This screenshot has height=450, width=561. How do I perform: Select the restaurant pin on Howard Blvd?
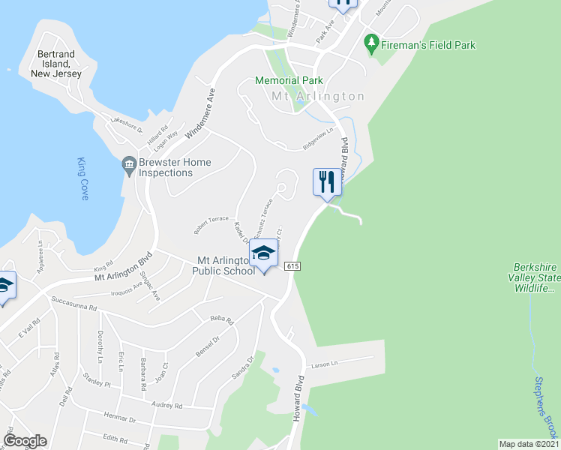point(326,182)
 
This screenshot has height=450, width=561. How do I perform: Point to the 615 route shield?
point(292,265)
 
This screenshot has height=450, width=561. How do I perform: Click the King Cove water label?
point(82,178)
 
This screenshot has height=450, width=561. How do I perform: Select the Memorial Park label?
point(289,80)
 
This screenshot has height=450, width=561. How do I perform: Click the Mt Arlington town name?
point(318,97)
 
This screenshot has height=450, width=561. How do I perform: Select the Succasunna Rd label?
point(74,307)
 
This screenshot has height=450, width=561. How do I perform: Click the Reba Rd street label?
point(223,319)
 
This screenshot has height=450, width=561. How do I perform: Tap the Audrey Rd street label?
point(167,405)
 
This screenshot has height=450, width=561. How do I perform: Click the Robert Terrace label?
point(211,223)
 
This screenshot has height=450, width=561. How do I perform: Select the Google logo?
point(25,441)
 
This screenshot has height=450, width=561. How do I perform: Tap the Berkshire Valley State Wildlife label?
point(535,277)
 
